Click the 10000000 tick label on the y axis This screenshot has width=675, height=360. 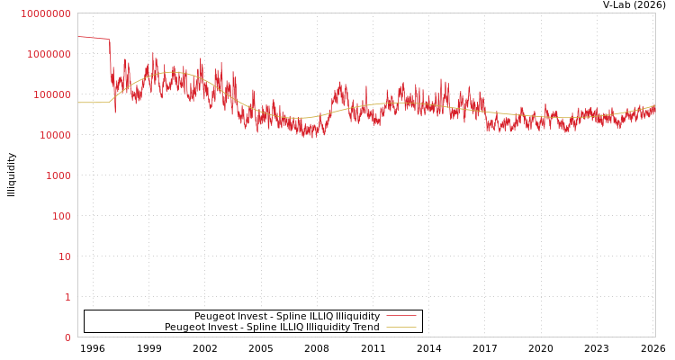click(x=46, y=13)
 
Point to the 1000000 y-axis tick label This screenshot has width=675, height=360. click(x=49, y=54)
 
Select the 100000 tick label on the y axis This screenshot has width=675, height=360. click(x=51, y=94)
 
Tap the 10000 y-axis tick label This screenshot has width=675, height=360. click(x=54, y=135)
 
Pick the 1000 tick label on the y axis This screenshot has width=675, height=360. click(x=58, y=175)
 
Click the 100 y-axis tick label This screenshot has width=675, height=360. click(x=60, y=216)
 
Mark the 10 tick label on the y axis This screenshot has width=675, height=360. click(x=64, y=256)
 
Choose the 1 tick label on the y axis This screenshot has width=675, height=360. click(x=67, y=297)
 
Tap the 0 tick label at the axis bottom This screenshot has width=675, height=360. click(x=67, y=337)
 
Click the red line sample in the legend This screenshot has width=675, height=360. click(x=401, y=316)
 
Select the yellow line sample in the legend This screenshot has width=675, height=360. click(x=401, y=328)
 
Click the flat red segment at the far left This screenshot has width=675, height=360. click(x=93, y=38)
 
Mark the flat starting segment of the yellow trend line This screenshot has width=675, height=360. click(x=93, y=103)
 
